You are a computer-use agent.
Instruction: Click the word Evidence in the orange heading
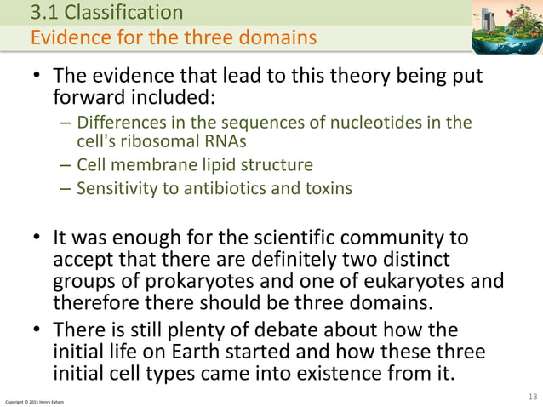(x=68, y=38)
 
